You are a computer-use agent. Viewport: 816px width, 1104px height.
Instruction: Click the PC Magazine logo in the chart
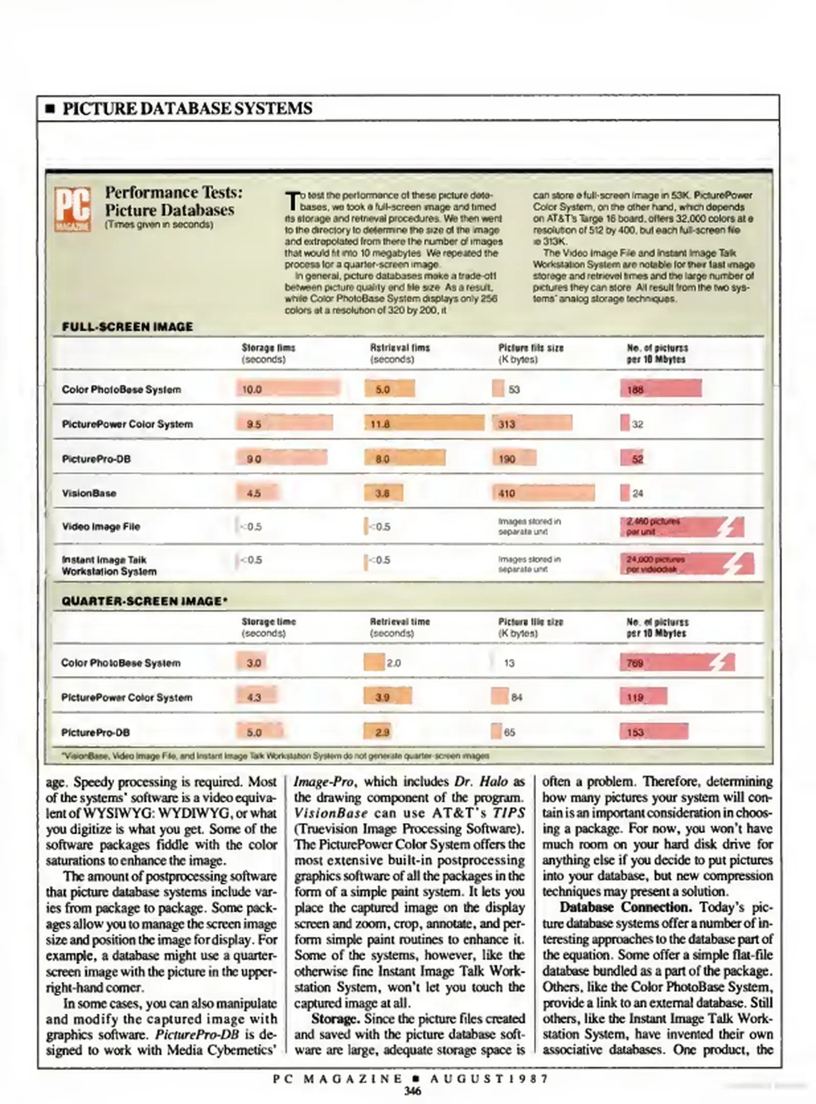73,209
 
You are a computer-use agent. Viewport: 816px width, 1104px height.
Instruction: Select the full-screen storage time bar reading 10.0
288,388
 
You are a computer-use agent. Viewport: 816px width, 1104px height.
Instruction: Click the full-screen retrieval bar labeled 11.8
424,423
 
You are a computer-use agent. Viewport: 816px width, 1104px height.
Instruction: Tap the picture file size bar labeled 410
543,493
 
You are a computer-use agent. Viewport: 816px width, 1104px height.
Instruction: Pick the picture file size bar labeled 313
532,423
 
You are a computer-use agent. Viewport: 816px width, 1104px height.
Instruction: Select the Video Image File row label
101,526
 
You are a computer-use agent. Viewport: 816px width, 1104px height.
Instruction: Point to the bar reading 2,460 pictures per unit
681,526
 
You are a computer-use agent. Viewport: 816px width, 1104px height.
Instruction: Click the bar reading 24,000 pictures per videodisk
686,564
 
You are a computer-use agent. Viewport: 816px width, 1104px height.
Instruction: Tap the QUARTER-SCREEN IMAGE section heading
145,601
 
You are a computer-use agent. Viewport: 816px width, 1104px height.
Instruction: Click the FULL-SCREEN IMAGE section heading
127,327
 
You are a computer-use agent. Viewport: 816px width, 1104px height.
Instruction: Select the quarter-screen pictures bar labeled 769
677,663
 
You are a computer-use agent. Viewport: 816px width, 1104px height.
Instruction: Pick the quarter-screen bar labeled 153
654,732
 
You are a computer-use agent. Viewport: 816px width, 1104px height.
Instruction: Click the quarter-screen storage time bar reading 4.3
257,697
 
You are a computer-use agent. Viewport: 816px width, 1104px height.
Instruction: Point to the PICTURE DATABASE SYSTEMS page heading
186,108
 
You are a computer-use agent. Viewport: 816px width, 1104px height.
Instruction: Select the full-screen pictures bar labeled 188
661,389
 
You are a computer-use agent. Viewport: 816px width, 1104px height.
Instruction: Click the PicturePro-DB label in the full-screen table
96,458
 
